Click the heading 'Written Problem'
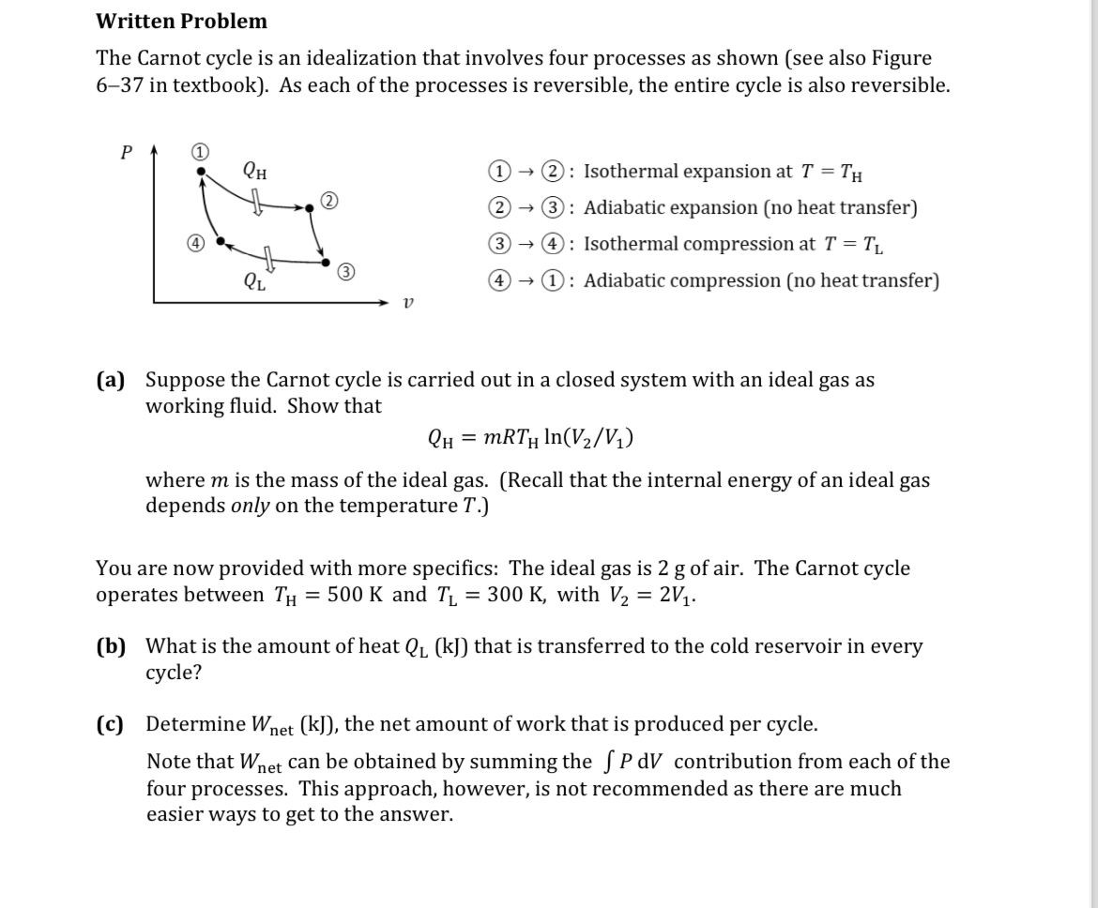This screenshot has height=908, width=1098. tap(181, 21)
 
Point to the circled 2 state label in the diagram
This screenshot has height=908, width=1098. tap(328, 200)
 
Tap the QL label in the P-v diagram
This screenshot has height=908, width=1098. tap(253, 279)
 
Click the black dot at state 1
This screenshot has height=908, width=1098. tap(200, 172)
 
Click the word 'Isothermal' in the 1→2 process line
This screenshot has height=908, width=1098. tap(630, 171)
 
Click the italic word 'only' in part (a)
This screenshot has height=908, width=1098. tap(250, 506)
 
